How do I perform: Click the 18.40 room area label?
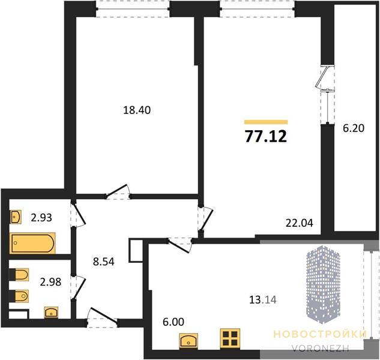(137, 110)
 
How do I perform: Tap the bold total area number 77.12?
(266, 136)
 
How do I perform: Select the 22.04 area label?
(300, 223)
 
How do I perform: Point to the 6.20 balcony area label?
(354, 128)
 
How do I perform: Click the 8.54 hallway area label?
(103, 262)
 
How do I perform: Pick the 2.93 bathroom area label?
(41, 218)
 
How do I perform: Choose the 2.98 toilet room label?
(50, 282)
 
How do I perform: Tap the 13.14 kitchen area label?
(263, 301)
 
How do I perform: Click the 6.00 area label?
(173, 322)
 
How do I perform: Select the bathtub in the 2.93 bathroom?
(32, 243)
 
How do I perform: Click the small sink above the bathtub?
(16, 217)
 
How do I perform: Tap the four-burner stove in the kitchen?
(230, 338)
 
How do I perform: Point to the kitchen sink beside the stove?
(188, 341)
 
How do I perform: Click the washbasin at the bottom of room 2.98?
(51, 312)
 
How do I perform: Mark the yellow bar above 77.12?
(266, 122)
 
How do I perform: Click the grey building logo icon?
(322, 284)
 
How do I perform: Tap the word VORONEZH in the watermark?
(320, 348)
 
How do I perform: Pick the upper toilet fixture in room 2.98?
(19, 274)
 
